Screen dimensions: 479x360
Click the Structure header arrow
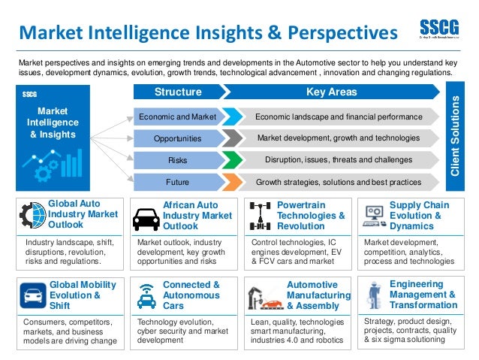[178, 92]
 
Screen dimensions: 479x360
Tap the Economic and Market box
[178, 117]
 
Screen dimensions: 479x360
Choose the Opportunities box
[178, 139]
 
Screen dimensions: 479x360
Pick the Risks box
[178, 160]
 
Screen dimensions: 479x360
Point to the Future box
[178, 182]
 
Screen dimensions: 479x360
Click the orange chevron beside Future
[233, 182]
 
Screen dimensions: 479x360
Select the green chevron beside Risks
[233, 160]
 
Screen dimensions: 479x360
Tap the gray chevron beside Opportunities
[233, 139]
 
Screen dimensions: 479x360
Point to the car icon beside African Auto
[146, 219]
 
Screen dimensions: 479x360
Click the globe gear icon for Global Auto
[32, 216]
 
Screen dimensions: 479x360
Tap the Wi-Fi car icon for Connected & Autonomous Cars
[146, 295]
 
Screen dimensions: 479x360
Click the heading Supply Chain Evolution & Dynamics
[419, 215]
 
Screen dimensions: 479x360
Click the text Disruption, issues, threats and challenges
[338, 160]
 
